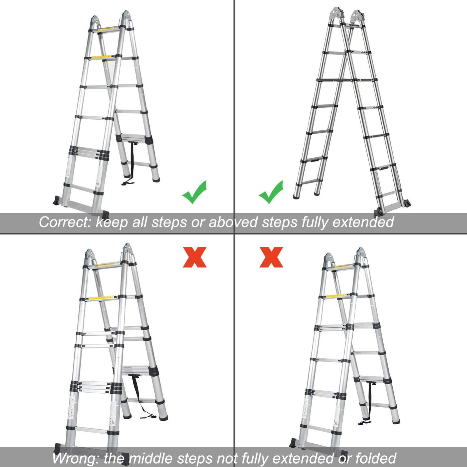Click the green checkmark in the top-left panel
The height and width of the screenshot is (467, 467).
click(194, 192)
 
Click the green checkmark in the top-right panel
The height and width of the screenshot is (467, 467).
click(271, 192)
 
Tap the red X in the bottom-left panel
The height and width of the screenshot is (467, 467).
click(194, 257)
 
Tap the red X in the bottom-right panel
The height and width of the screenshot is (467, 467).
click(271, 257)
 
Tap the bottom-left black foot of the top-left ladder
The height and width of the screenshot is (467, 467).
click(57, 201)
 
